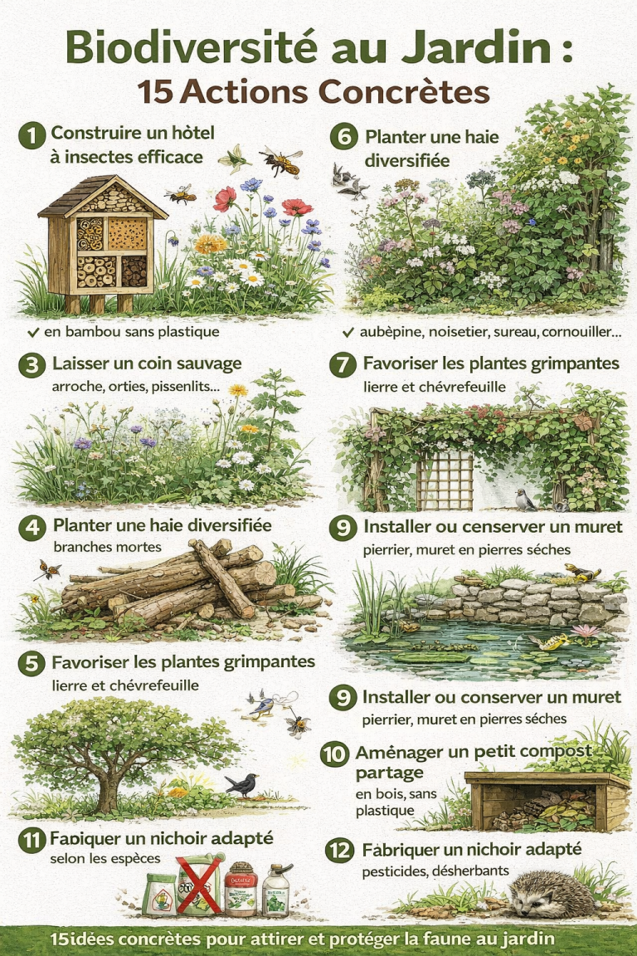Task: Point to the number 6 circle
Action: pyautogui.click(x=343, y=137)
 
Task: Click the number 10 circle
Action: pyautogui.click(x=334, y=754)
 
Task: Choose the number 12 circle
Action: pyautogui.click(x=340, y=851)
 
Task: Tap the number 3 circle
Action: pyautogui.click(x=32, y=365)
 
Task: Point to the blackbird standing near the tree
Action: pyautogui.click(x=243, y=783)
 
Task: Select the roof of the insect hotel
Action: pyautogui.click(x=91, y=196)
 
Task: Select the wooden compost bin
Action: pyautogui.click(x=547, y=801)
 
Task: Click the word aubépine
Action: pyautogui.click(x=387, y=332)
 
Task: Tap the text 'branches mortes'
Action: pyautogui.click(x=96, y=547)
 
